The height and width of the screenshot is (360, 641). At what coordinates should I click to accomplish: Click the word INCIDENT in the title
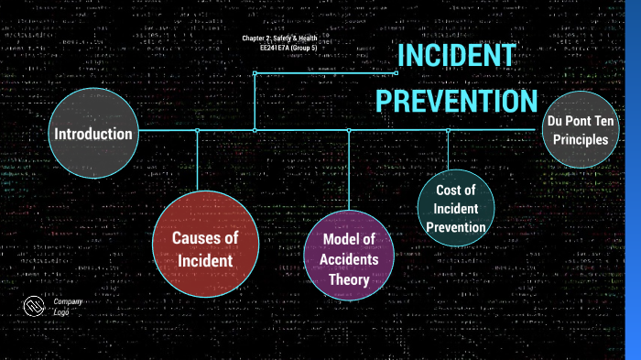pyautogui.click(x=456, y=57)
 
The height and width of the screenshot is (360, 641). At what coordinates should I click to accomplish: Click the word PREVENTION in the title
pyautogui.click(x=456, y=100)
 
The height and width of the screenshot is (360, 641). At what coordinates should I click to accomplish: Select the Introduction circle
pyautogui.click(x=92, y=135)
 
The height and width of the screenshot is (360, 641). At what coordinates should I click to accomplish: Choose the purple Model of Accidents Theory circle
pyautogui.click(x=349, y=254)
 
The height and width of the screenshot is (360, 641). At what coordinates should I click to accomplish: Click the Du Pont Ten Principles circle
pyautogui.click(x=578, y=130)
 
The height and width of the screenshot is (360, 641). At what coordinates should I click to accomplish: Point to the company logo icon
pyautogui.click(x=35, y=306)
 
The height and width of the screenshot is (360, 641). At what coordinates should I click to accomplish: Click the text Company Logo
pyautogui.click(x=67, y=306)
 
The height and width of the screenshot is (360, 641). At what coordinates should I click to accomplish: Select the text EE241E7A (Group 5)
pyautogui.click(x=287, y=46)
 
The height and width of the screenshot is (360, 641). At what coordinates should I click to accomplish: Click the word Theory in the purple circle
pyautogui.click(x=349, y=279)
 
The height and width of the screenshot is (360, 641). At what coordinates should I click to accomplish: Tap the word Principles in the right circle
pyautogui.click(x=578, y=140)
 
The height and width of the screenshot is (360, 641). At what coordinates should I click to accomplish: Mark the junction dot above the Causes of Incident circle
pyautogui.click(x=197, y=130)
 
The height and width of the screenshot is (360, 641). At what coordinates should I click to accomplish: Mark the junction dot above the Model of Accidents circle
pyautogui.click(x=349, y=130)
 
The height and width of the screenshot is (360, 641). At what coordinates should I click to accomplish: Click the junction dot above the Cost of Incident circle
pyautogui.click(x=448, y=130)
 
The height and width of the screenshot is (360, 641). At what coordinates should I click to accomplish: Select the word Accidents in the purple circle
pyautogui.click(x=349, y=259)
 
